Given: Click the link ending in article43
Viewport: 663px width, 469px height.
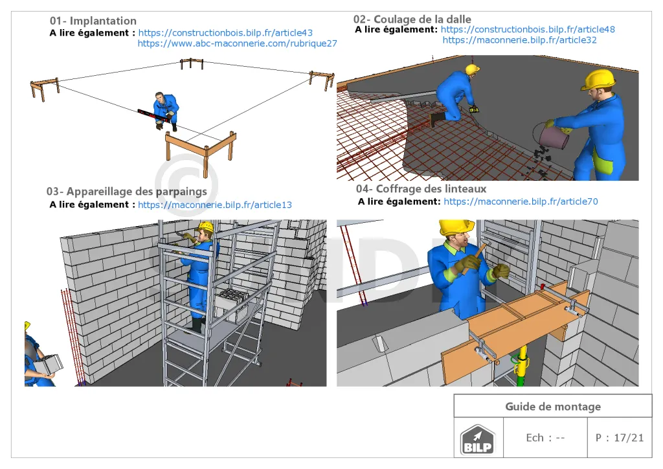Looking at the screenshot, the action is [225, 32].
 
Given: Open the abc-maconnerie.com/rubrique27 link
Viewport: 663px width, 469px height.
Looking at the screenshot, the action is [237, 43].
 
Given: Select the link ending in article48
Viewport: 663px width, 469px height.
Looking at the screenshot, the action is [528, 29].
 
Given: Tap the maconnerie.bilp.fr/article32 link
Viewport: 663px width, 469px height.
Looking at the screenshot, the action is [520, 40].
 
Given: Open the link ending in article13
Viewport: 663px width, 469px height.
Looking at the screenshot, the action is [215, 205].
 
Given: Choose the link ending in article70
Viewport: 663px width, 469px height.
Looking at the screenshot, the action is [521, 201].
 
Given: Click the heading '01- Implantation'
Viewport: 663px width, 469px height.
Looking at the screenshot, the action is [93, 21].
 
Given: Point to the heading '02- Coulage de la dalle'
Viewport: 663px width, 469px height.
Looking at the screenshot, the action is [412, 19].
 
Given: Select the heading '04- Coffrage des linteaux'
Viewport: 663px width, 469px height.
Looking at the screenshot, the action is [421, 189].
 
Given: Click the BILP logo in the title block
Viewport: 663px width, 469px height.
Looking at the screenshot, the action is [477, 440].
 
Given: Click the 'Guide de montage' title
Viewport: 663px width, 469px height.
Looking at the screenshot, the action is [553, 406].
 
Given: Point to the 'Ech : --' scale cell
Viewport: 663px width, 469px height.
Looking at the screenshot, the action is [545, 438].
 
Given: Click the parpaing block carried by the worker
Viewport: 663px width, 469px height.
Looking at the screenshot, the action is [49, 365].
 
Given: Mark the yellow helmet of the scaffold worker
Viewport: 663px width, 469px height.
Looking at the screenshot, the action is [206, 227].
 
